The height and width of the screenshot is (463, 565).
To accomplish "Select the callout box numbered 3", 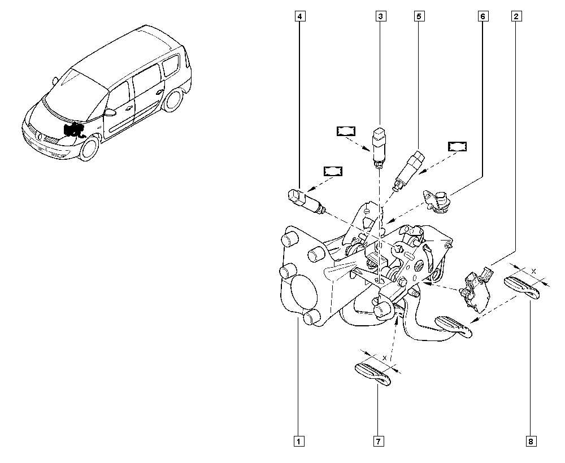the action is coord(380,16).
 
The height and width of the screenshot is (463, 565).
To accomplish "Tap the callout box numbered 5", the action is coord(419,16).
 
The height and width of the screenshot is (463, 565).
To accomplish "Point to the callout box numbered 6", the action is coord(483,16).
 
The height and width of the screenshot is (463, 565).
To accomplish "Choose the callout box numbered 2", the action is coord(516,16).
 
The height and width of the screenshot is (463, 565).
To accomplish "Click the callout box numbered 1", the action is coord(299,440).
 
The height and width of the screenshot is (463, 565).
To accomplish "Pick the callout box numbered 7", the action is coord(379,440).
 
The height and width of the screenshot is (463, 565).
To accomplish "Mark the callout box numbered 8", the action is coord(531,440).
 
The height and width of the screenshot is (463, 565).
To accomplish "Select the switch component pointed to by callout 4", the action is coord(306,202).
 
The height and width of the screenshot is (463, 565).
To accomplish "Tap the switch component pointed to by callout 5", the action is coord(409,171).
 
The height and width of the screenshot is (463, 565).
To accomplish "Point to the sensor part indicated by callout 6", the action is coord(437,201).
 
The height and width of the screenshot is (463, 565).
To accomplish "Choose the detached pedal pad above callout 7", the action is coord(373,374).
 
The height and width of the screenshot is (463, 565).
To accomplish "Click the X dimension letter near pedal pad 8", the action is coord(534,271).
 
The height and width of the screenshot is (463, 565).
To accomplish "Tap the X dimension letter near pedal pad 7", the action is coord(385,358).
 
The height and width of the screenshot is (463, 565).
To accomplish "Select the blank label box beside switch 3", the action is coord(346,131).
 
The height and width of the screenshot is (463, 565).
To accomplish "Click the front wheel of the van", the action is coord(89,147).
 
